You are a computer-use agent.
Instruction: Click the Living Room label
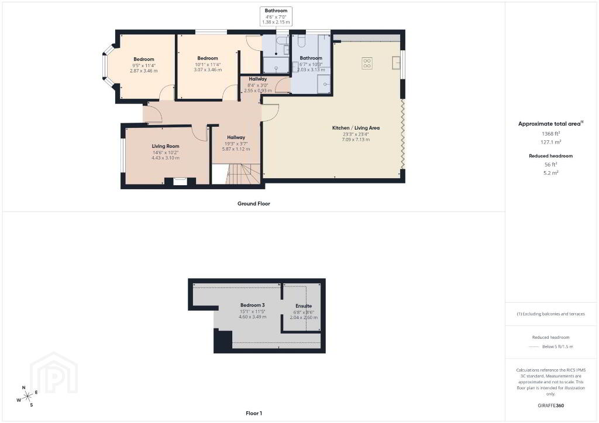(166, 146)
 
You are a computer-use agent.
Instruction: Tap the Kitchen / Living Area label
(356, 128)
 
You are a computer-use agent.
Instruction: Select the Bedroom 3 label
(253, 305)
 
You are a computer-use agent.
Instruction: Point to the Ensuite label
(304, 306)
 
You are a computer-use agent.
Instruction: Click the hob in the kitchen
(367, 63)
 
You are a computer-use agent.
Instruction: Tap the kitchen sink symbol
(396, 63)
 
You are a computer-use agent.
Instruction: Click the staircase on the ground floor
(243, 174)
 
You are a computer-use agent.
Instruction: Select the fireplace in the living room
(180, 181)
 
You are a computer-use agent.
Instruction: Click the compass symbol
(27, 397)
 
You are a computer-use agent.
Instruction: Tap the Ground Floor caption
(254, 204)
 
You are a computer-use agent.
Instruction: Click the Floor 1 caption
(254, 413)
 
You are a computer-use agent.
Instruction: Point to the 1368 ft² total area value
(550, 133)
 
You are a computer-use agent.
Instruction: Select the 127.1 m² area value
(550, 142)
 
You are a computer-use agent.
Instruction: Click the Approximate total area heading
(550, 124)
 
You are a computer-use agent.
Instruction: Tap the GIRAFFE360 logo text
(550, 405)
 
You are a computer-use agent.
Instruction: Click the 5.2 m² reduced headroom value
(550, 173)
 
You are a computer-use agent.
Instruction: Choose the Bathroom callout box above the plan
(276, 16)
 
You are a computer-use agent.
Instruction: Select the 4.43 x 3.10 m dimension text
(166, 158)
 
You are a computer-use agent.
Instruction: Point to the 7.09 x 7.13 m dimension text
(356, 140)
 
